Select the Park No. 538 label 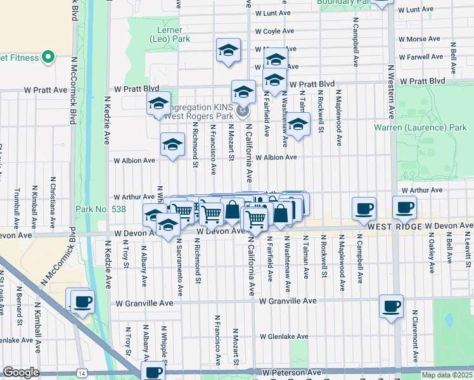(101, 209)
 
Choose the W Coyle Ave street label (274, 31)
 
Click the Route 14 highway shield (82, 374)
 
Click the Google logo (20, 372)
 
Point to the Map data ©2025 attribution (447, 375)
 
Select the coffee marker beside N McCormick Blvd (82, 301)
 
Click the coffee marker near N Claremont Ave (391, 305)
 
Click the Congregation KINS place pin (242, 113)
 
